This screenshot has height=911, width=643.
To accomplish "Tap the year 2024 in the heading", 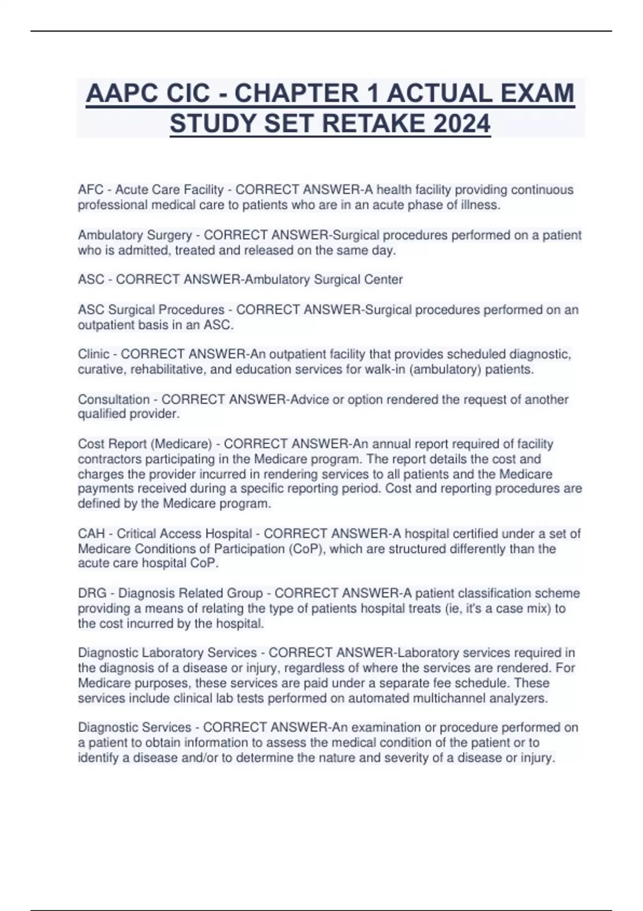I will (461, 124).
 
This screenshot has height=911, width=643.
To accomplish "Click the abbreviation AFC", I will (91, 190).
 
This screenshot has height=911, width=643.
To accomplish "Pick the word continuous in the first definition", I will (542, 190).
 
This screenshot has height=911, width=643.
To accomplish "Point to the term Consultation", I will (114, 399).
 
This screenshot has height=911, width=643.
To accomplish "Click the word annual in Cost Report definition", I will (396, 444).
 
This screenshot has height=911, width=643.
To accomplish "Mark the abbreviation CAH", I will (91, 534).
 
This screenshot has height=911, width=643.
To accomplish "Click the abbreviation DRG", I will (92, 593).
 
